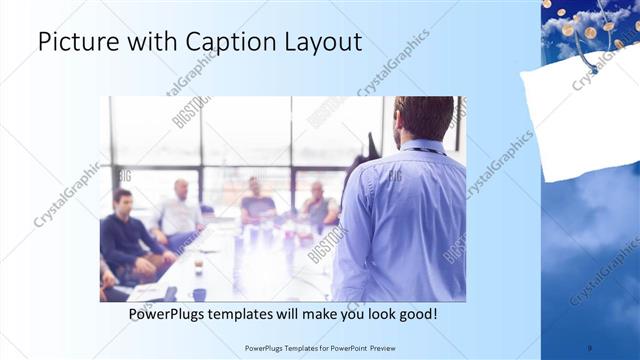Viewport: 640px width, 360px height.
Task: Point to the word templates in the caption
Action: pos(264,314)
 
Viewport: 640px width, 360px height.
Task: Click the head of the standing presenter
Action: pos(423,118)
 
